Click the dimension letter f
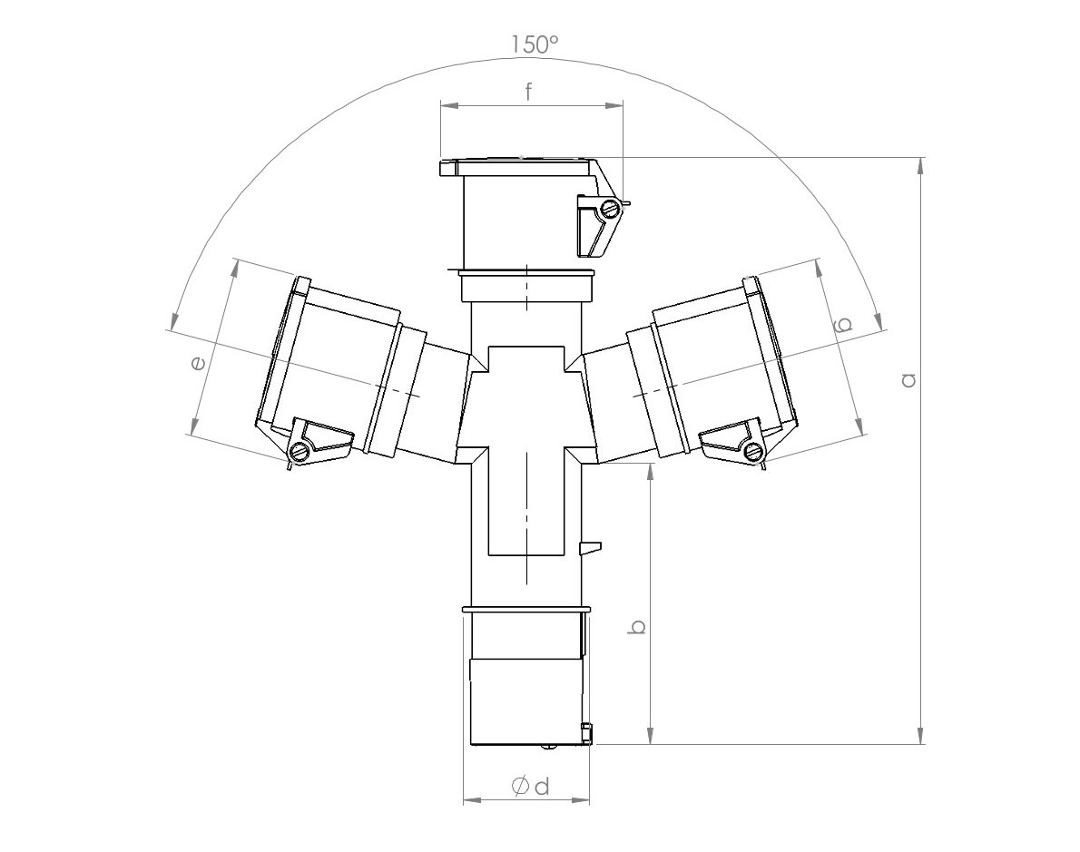tap(529, 91)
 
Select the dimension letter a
tap(908, 379)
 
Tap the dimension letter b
tap(638, 626)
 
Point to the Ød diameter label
tap(531, 786)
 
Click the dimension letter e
tap(197, 363)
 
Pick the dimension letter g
tap(842, 324)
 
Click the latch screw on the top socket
tap(609, 210)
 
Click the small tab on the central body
tap(590, 546)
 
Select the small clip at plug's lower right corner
tap(586, 731)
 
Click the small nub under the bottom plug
tap(547, 747)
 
